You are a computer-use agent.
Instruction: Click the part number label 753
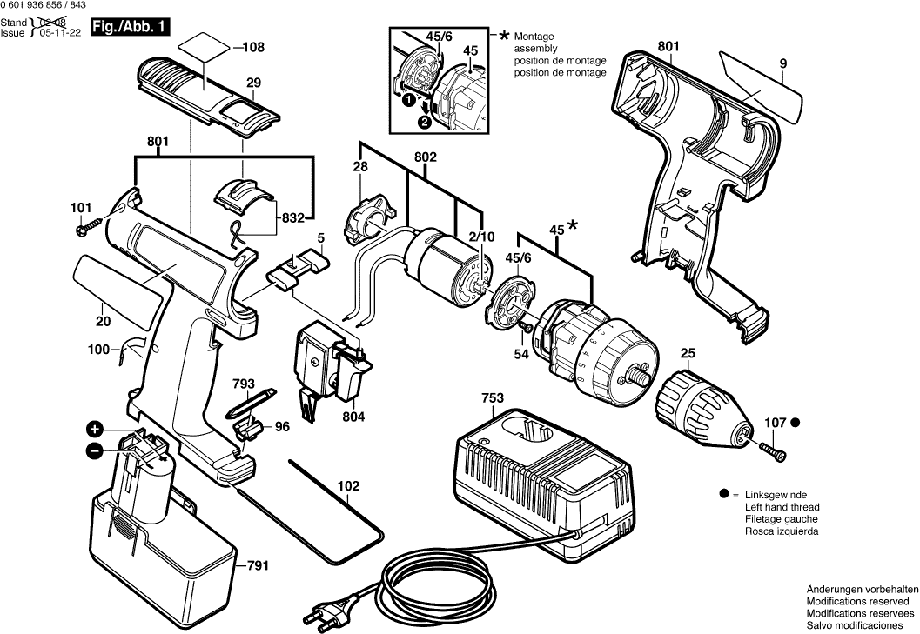494,399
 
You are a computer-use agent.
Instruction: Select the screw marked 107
773,449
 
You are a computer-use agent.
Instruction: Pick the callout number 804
353,417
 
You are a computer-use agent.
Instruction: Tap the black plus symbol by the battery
95,430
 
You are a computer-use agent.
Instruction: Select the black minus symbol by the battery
95,450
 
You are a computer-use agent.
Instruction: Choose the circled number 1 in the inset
406,101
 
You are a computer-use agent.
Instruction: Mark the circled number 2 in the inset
425,122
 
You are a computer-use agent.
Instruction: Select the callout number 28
360,167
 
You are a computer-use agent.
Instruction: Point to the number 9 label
783,63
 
